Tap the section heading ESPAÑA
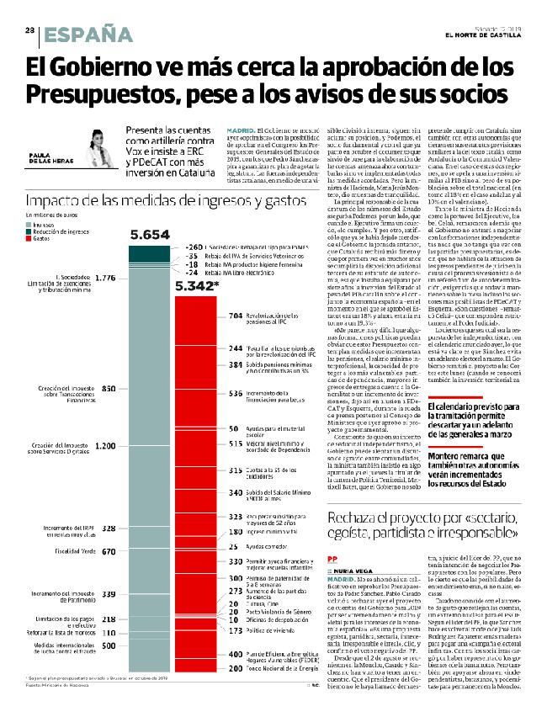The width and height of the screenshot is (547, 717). point(84,35)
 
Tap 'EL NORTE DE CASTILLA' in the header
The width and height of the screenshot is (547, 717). point(481,35)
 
